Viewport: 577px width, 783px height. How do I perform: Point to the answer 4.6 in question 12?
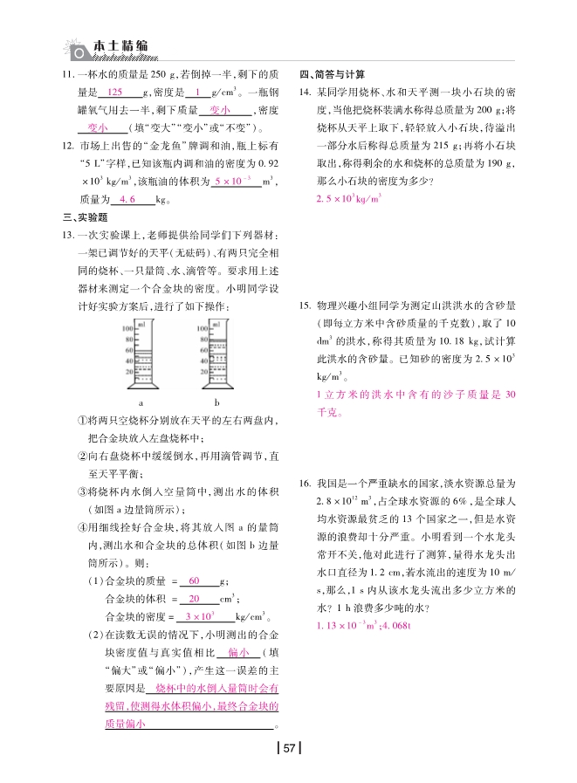127,200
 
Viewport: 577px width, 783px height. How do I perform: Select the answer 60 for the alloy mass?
194,580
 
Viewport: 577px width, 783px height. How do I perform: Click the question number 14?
306,92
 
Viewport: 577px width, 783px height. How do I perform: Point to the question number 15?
306,306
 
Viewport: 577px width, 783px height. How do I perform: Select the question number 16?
306,483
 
